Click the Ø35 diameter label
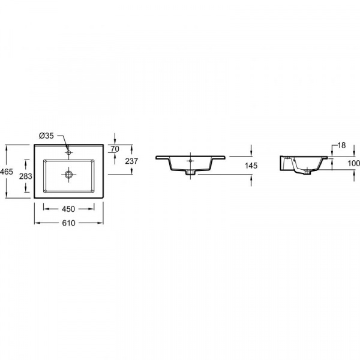46,136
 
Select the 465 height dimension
7,171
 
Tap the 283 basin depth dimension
25,176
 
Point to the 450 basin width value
68,209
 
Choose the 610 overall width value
68,223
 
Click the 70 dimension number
115,149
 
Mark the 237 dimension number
131,161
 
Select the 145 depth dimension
251,166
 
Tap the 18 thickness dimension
341,145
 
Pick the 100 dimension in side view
353,163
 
